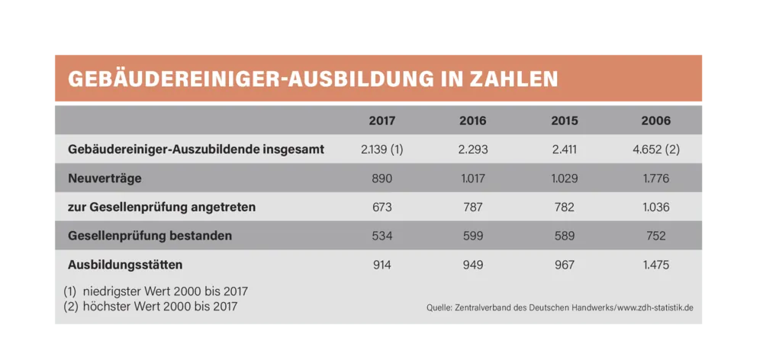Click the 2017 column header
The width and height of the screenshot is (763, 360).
click(x=381, y=121)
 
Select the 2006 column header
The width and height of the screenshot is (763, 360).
click(x=656, y=121)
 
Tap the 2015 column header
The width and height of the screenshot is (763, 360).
click(x=565, y=121)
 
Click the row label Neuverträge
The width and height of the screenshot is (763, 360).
click(x=105, y=178)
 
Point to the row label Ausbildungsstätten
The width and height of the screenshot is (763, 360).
click(x=125, y=265)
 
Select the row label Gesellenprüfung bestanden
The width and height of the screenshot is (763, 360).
click(x=150, y=236)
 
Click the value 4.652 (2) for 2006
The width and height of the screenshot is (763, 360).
click(x=656, y=149)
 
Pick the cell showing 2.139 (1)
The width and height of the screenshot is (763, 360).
click(x=381, y=149)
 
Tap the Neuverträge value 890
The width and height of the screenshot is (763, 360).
click(x=381, y=178)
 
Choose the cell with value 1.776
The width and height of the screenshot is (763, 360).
click(x=656, y=178)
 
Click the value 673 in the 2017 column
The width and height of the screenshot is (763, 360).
click(x=381, y=207)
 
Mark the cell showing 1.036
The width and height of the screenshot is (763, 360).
click(x=656, y=207)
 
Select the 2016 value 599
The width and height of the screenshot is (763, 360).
click(x=473, y=236)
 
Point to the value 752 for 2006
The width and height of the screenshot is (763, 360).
click(x=656, y=236)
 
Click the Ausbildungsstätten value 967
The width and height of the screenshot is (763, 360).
click(x=565, y=265)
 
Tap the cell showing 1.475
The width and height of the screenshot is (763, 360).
click(x=656, y=265)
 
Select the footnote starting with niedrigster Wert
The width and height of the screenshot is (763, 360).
click(x=156, y=291)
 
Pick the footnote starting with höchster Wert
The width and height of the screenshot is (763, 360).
click(x=151, y=307)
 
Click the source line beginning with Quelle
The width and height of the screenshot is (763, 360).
click(x=560, y=308)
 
